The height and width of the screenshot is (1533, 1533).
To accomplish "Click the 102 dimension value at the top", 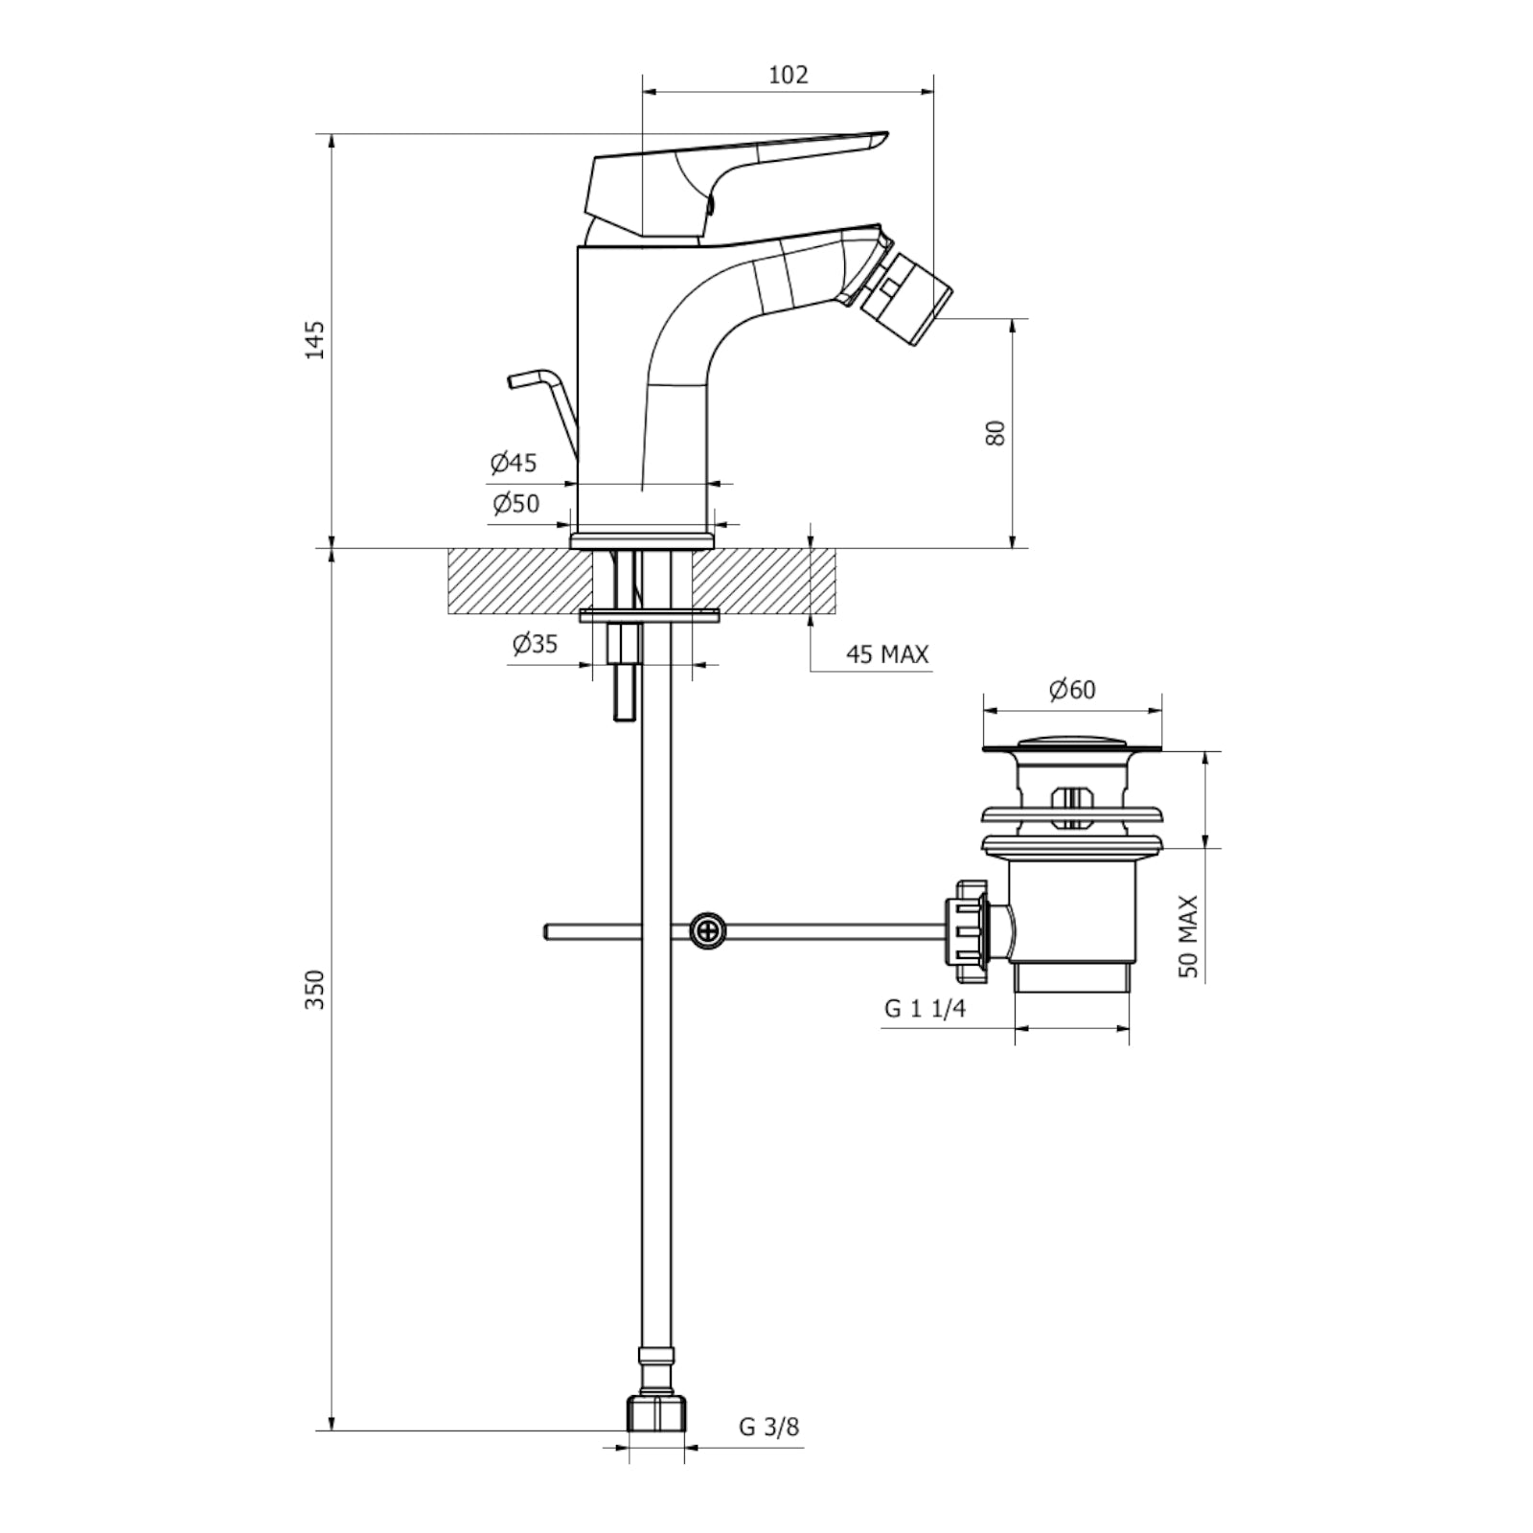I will tap(788, 75).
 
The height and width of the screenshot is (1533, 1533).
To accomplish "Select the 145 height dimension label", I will tap(315, 340).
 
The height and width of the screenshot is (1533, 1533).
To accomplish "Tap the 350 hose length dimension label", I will tap(315, 989).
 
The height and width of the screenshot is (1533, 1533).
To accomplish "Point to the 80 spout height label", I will tap(996, 432).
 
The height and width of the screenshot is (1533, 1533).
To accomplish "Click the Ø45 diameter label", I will tap(514, 464).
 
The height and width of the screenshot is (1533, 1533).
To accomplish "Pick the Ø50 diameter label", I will tap(515, 504).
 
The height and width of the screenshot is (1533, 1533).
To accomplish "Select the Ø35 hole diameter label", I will tap(535, 644).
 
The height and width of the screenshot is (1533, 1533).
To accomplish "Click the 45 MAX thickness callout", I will tap(886, 654).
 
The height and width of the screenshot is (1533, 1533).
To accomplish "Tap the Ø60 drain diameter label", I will tap(1071, 690).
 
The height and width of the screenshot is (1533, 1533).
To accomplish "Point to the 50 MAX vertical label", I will tap(1189, 936).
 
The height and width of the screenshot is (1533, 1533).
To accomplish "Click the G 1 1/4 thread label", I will tap(925, 1009).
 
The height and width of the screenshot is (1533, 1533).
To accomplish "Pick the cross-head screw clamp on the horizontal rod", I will tap(707, 930).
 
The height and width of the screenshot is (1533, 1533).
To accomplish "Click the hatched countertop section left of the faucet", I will tap(517, 581).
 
